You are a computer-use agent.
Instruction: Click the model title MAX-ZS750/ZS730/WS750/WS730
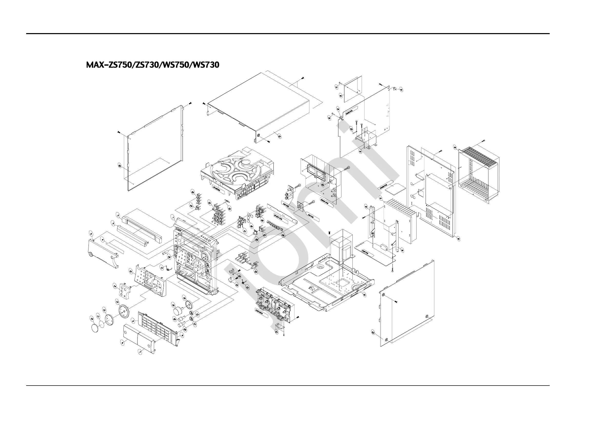[x=153, y=65]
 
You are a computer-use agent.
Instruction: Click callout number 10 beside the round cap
[x=92, y=319]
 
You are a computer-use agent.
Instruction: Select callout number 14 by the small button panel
[x=115, y=286]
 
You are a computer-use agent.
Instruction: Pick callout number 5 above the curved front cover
[x=91, y=234]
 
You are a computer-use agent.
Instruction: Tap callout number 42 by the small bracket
[x=401, y=90]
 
